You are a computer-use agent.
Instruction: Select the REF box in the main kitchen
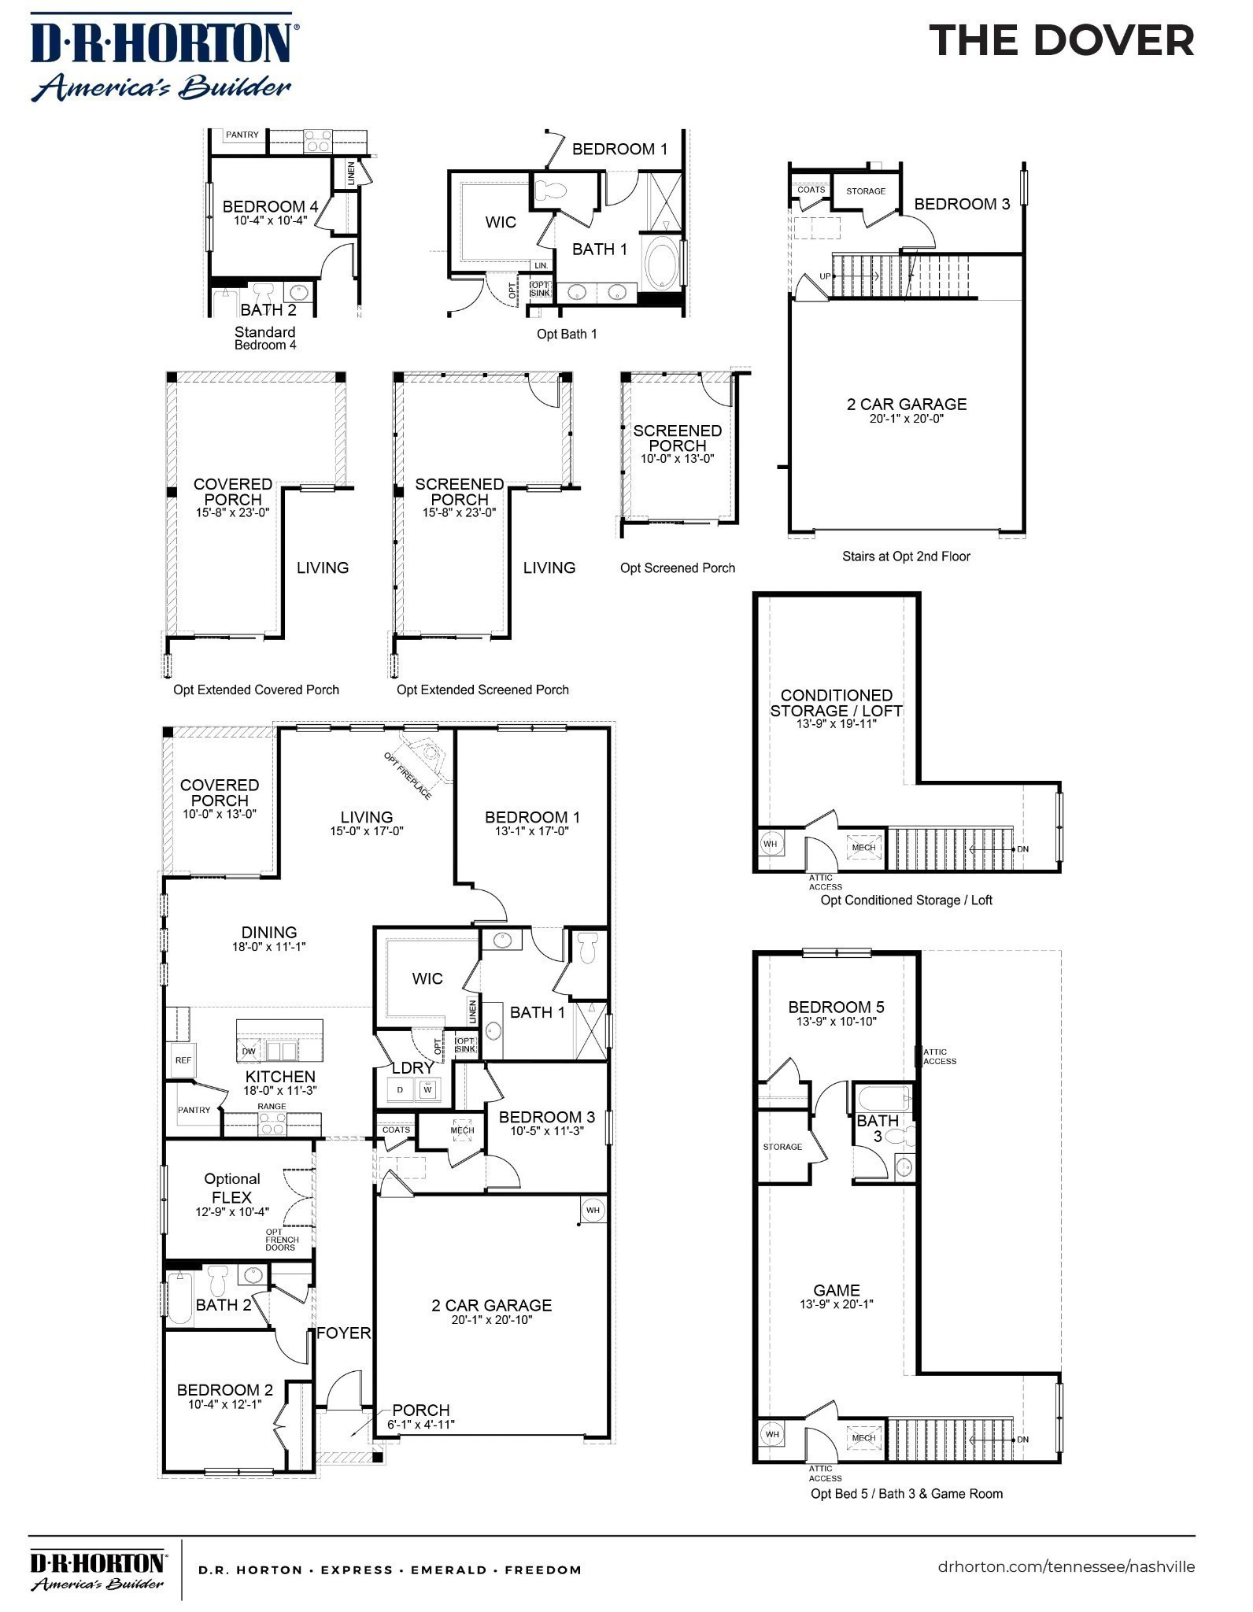point(183,1060)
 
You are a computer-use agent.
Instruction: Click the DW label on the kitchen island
point(249,1052)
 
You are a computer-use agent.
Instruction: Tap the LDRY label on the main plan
point(412,1068)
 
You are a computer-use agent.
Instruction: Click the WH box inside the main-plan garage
point(593,1211)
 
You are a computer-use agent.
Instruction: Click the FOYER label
point(343,1333)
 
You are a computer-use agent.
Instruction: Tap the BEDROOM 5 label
point(836,1007)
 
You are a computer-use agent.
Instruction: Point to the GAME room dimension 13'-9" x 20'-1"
point(837,1304)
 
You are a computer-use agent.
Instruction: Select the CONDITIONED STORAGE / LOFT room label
point(836,703)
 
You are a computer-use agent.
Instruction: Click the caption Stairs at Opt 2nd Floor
point(906,556)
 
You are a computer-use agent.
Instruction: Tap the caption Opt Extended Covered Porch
point(256,690)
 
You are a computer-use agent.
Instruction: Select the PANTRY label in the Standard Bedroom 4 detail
point(242,135)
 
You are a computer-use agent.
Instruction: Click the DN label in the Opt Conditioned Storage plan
point(1023,849)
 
